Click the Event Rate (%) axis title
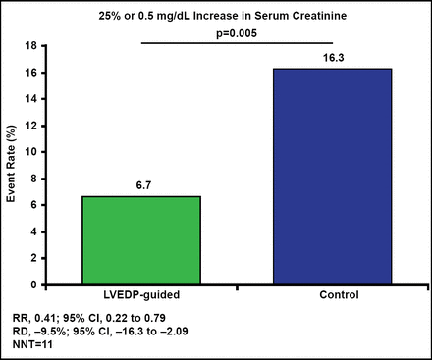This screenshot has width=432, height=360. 14,164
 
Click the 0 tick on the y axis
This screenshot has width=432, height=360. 34,284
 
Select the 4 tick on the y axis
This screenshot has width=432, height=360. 34,231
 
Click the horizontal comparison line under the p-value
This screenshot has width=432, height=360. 240,42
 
